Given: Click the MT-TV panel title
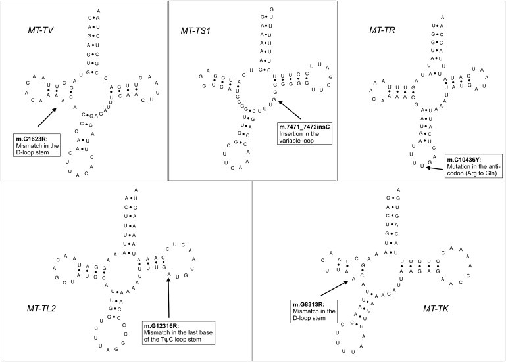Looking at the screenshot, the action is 26,31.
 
